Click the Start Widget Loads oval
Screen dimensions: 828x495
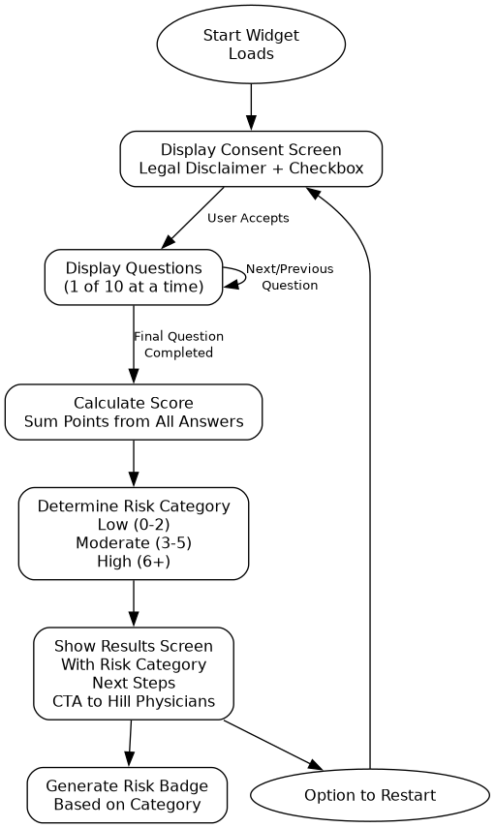tap(251, 45)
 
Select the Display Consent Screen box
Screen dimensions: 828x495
tap(251, 159)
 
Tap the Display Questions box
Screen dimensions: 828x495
tap(134, 277)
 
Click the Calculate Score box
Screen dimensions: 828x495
tap(134, 412)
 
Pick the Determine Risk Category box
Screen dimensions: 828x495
tap(134, 533)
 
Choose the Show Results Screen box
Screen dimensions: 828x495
tap(134, 673)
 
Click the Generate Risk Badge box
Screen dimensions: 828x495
tap(127, 795)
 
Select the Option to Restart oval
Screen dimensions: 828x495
tap(369, 795)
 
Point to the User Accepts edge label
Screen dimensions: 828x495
tap(248, 218)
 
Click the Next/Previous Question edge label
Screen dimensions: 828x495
tap(290, 277)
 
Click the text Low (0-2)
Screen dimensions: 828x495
tap(134, 524)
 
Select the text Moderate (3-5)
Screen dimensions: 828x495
tap(134, 542)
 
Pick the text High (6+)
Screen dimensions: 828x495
tap(134, 561)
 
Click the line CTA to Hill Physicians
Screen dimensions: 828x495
tap(134, 701)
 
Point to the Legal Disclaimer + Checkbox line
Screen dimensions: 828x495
tap(251, 169)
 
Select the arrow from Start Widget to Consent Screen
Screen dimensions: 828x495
tap(251, 107)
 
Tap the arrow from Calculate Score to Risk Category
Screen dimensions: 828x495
tap(134, 463)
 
